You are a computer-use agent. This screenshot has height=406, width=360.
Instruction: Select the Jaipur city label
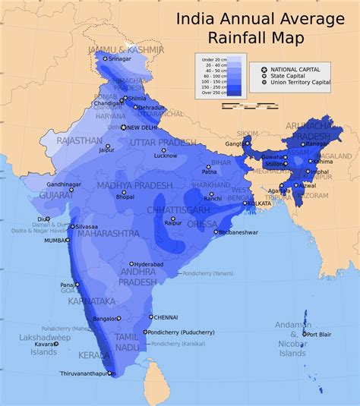pyautogui.click(x=107, y=149)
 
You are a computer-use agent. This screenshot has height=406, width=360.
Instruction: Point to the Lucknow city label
pyautogui.click(x=165, y=156)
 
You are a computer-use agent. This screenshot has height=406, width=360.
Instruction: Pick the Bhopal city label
pyautogui.click(x=125, y=197)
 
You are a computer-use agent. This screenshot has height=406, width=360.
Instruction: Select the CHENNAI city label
pyautogui.click(x=165, y=317)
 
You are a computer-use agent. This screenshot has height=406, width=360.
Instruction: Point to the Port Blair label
pyautogui.click(x=317, y=334)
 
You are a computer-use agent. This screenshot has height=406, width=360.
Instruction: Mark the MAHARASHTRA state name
pyautogui.click(x=109, y=234)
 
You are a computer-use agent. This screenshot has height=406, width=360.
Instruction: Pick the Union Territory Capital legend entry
pyautogui.click(x=306, y=82)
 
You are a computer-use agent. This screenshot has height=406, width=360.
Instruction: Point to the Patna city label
pyautogui.click(x=209, y=172)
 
